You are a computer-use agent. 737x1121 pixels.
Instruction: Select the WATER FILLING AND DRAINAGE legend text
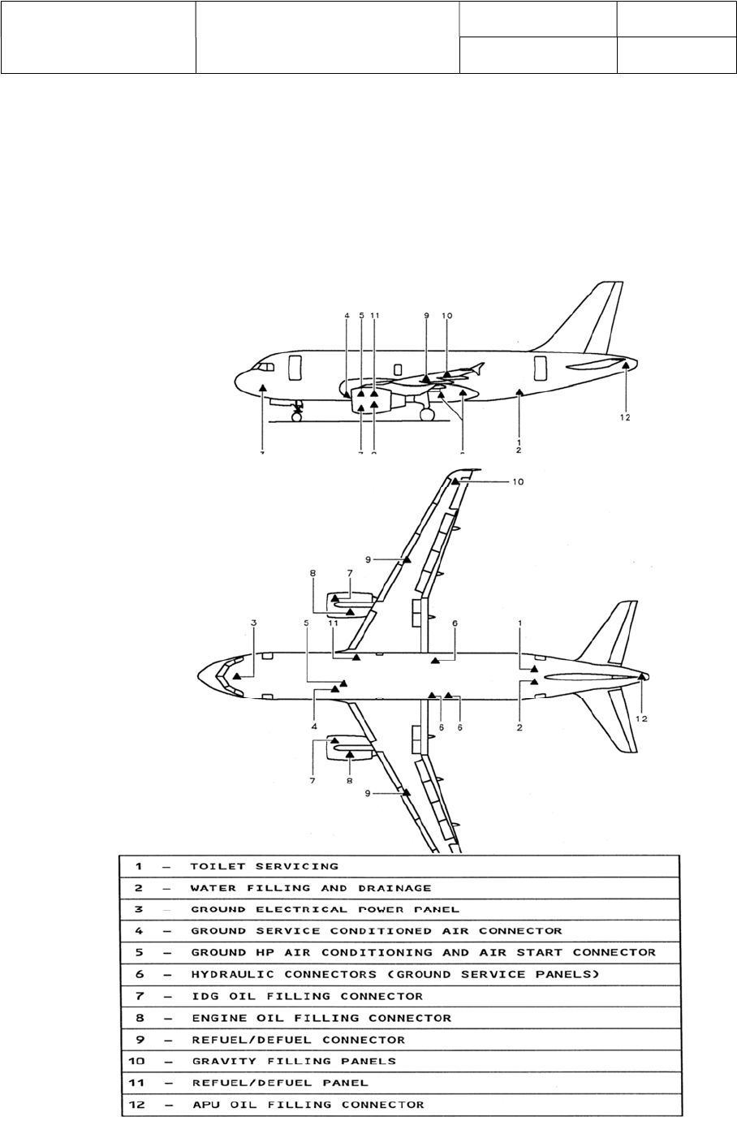click(311, 888)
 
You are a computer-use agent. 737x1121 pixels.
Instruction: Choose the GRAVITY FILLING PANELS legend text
click(293, 1060)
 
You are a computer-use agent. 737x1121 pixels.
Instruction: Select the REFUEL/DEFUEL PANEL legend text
click(279, 1082)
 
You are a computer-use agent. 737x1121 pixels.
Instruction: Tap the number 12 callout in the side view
click(624, 418)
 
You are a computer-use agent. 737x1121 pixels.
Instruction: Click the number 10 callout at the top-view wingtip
click(518, 481)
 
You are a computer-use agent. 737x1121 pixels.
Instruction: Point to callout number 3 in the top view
click(254, 623)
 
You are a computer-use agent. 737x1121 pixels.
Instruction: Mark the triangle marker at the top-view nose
click(236, 675)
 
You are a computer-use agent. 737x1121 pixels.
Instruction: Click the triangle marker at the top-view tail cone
click(641, 675)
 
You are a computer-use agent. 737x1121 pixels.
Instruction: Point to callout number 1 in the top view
click(520, 623)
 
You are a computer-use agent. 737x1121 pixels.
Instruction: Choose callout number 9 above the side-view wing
click(425, 315)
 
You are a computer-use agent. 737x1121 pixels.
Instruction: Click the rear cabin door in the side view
click(540, 367)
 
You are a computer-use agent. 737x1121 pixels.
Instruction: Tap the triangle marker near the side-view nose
click(263, 388)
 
